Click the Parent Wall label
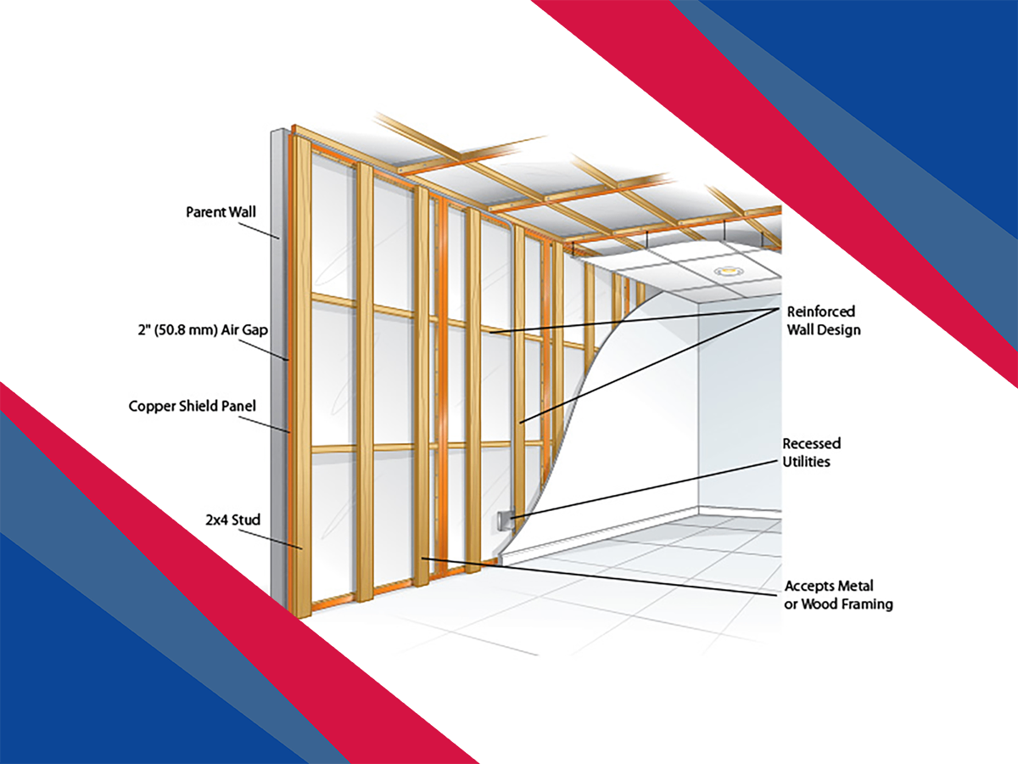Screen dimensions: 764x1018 tap(220, 211)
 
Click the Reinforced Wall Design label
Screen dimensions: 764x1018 tap(823, 320)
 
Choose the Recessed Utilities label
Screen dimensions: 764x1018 tap(812, 452)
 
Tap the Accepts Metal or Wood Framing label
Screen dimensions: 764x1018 tap(838, 595)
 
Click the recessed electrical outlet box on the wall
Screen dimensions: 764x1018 tap(503, 520)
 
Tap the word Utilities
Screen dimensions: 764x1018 tap(807, 462)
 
